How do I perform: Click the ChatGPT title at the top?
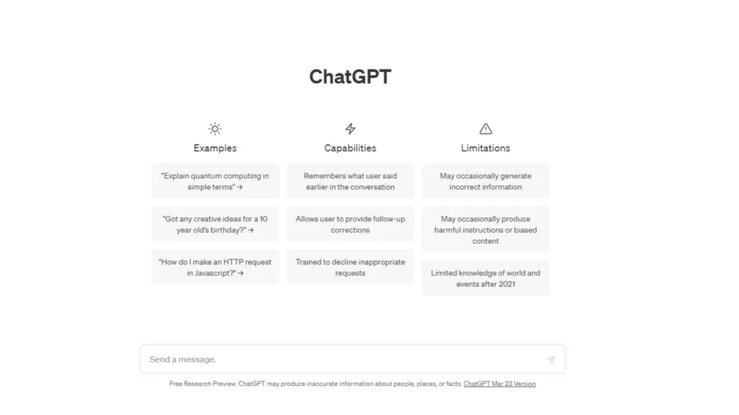tap(350, 76)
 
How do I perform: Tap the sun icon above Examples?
tap(215, 128)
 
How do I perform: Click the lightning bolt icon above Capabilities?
tap(350, 128)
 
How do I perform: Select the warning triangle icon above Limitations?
tap(486, 128)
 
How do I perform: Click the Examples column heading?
tap(215, 148)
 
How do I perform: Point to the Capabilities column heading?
tap(350, 148)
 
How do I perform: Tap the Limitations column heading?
tap(486, 148)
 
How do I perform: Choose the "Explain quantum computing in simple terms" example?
tap(215, 181)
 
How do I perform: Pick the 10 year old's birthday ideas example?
tap(215, 225)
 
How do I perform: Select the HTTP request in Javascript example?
tap(215, 267)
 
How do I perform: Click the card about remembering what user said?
tap(350, 181)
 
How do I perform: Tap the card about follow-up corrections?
tap(350, 225)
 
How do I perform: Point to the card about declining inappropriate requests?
tap(350, 267)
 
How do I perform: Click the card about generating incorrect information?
tap(486, 181)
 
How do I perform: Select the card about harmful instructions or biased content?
tap(486, 230)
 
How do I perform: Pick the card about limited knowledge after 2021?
tap(486, 278)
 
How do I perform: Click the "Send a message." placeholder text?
tap(183, 360)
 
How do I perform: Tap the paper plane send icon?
tap(551, 360)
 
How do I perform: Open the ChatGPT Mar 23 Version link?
tap(499, 384)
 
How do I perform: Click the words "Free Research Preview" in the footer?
tap(203, 384)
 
